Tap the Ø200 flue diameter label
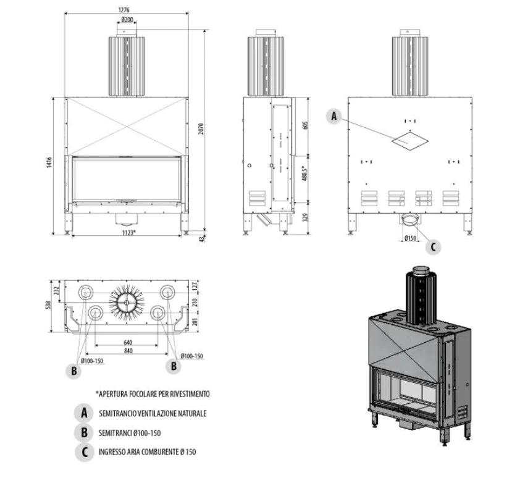pyautogui.click(x=128, y=20)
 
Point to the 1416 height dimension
pyautogui.click(x=49, y=165)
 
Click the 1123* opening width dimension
pyautogui.click(x=128, y=232)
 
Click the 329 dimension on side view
pyautogui.click(x=304, y=217)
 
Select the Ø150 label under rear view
pyautogui.click(x=409, y=238)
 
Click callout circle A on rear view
pyautogui.click(x=334, y=116)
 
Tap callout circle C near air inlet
pyautogui.click(x=433, y=246)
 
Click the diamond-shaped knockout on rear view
pyautogui.click(x=409, y=140)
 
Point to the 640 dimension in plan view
pyautogui.click(x=128, y=343)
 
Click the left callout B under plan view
pyautogui.click(x=73, y=371)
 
